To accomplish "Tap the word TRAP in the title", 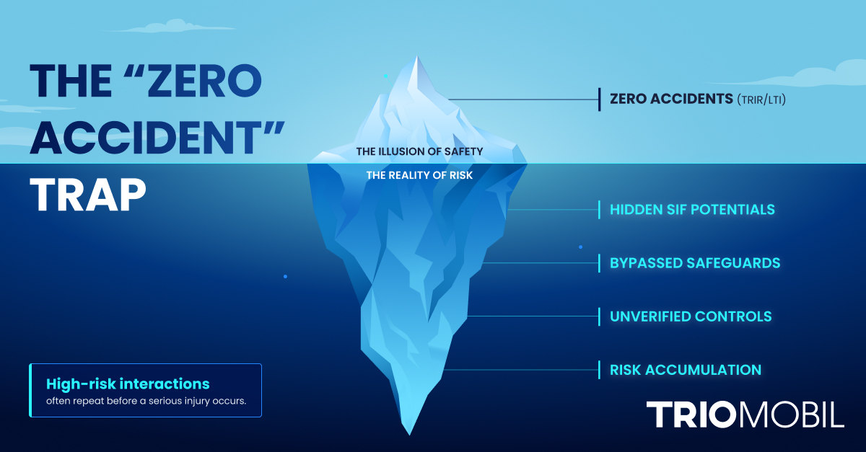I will [87, 195].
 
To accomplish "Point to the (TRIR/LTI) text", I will [761, 100].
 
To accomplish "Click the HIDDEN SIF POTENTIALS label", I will [692, 210].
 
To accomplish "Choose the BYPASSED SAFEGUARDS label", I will [695, 263].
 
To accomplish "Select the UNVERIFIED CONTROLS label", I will [691, 316].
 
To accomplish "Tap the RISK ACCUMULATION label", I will [686, 370].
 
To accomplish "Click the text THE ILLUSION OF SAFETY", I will [419, 152].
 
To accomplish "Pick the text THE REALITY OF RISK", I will [419, 175].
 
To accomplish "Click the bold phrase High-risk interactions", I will [128, 384].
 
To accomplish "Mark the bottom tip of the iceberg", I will [410, 433].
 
